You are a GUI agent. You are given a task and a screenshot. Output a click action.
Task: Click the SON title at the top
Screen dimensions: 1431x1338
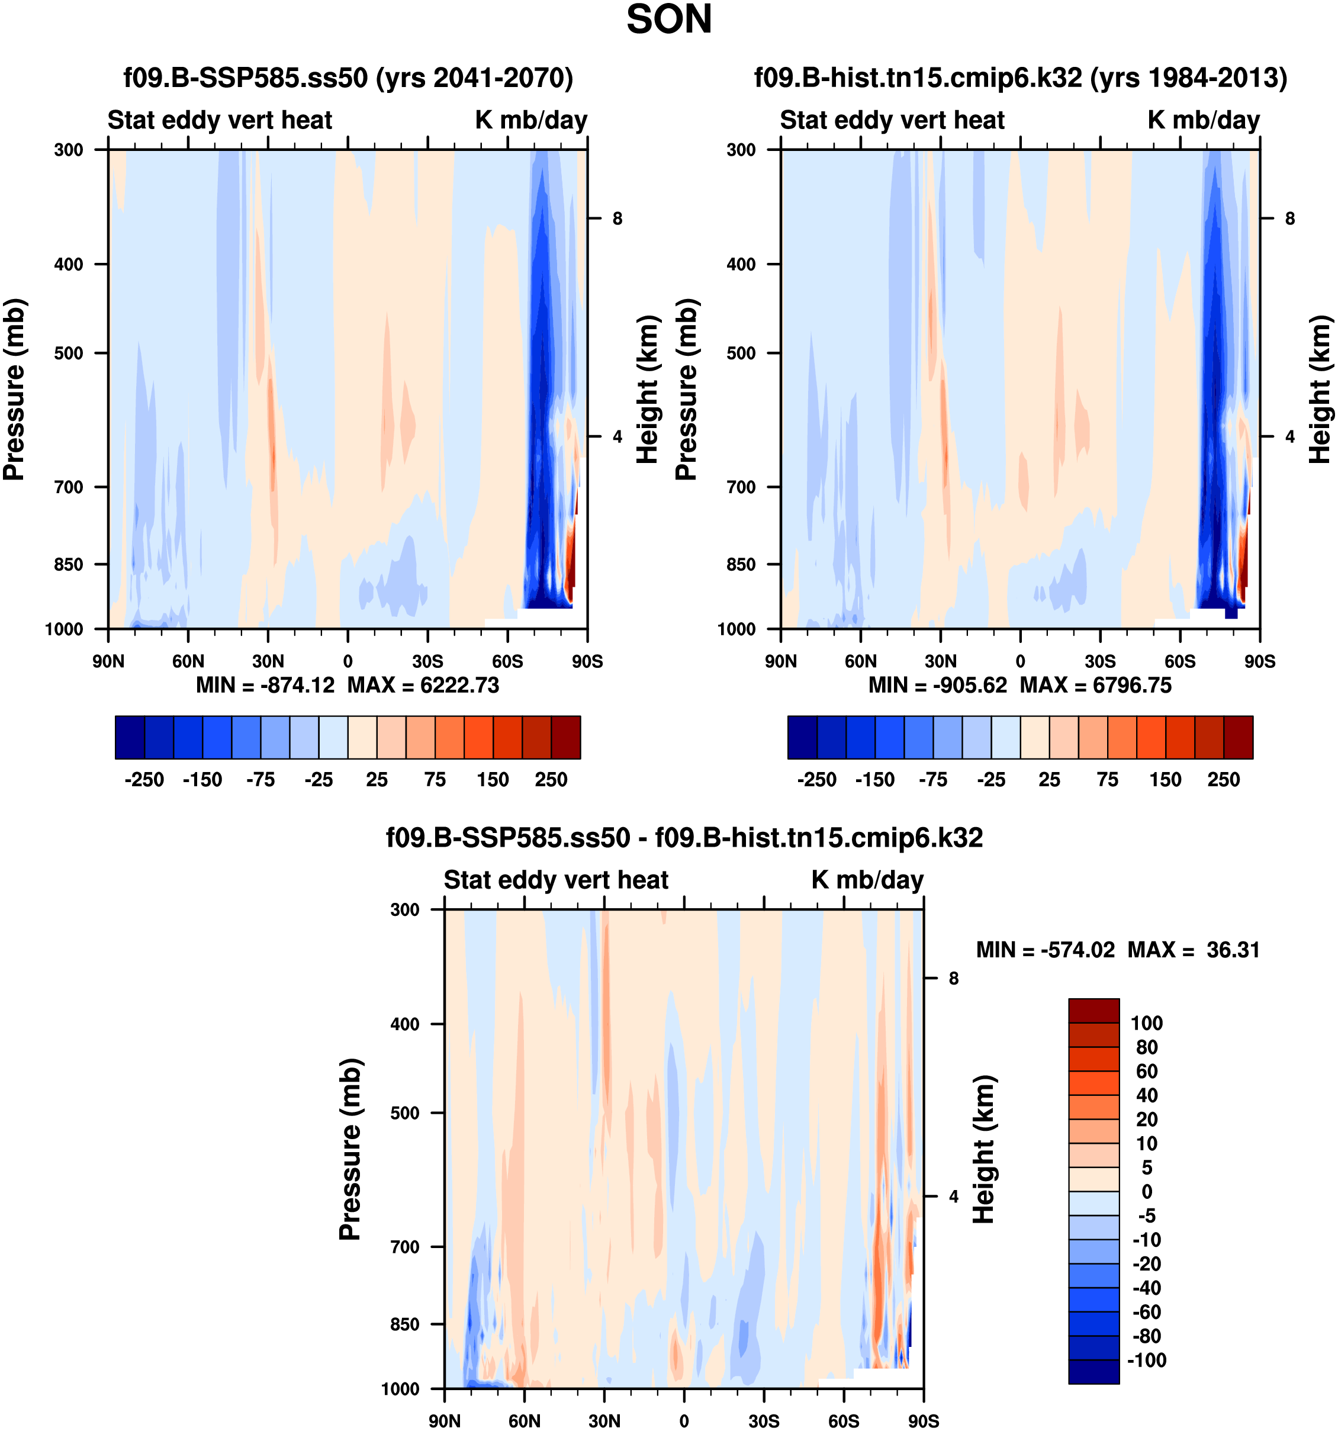[668, 20]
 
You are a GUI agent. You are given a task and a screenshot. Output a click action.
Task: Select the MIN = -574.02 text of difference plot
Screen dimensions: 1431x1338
[1045, 950]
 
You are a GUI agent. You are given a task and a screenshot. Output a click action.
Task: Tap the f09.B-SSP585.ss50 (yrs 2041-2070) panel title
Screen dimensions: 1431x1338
[348, 77]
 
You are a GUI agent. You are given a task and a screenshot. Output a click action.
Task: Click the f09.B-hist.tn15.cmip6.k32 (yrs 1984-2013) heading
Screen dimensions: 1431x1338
[1020, 77]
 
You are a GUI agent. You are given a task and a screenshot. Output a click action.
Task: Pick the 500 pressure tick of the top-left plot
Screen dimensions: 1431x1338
[69, 353]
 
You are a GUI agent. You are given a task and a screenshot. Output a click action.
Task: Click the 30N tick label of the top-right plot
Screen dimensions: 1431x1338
[940, 661]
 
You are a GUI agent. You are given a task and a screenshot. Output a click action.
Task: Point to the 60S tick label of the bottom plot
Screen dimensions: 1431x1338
[843, 1421]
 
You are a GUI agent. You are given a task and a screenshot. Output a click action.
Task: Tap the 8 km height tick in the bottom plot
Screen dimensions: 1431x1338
[954, 978]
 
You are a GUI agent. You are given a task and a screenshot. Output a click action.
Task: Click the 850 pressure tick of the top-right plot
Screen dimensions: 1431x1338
[741, 564]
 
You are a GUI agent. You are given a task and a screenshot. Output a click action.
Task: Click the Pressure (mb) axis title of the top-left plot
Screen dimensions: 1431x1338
[14, 389]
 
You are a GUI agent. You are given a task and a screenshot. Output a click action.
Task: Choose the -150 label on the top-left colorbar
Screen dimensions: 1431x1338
[202, 780]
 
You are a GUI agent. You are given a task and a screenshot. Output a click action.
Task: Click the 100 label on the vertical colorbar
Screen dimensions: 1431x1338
[1147, 1023]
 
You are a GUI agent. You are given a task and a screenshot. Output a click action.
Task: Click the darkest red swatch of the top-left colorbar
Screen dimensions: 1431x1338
[566, 737]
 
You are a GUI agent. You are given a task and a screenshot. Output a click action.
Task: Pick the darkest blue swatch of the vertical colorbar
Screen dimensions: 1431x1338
[1093, 1371]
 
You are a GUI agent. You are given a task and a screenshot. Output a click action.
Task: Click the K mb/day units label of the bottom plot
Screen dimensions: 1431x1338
[867, 880]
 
